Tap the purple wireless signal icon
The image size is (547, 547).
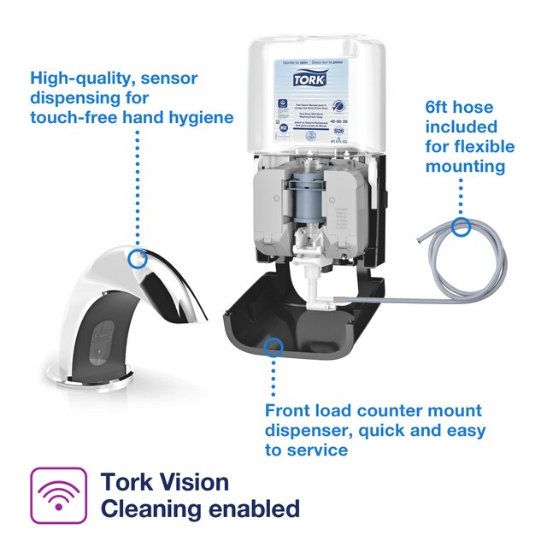(57, 495)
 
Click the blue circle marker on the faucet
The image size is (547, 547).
(136, 257)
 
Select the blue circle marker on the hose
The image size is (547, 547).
(462, 226)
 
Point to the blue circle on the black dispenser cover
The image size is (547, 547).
(273, 346)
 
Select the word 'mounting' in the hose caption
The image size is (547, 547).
(466, 166)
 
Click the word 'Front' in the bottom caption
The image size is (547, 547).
(291, 411)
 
